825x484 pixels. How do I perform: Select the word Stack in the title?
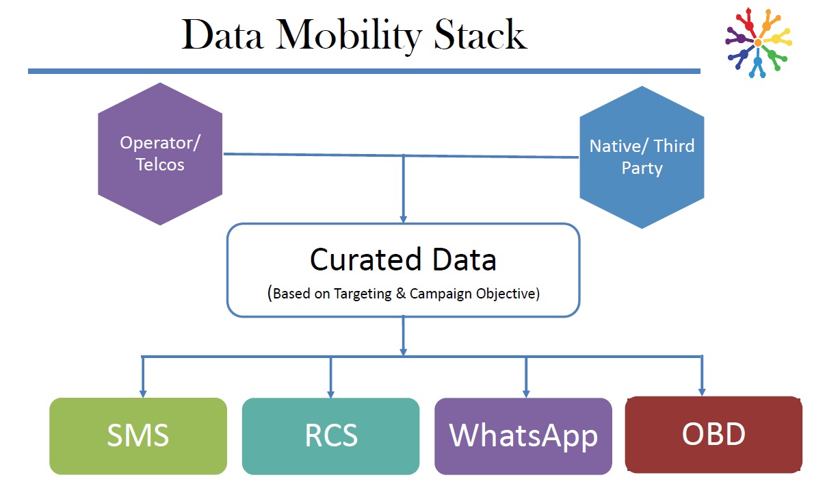(x=479, y=36)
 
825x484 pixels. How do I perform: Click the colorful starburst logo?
(x=758, y=42)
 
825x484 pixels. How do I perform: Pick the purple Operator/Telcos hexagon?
(x=160, y=154)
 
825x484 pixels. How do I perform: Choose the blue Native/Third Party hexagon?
(x=642, y=157)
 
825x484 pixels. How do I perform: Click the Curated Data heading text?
(x=403, y=259)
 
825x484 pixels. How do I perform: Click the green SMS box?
(x=138, y=435)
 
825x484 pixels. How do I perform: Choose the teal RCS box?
(x=330, y=435)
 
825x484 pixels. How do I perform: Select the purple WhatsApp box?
(x=523, y=435)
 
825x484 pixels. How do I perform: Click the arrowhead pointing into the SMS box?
(x=142, y=393)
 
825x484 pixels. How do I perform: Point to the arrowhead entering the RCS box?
(x=330, y=393)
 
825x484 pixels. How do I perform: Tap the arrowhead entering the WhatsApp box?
(x=525, y=393)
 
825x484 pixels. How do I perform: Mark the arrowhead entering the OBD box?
(x=701, y=392)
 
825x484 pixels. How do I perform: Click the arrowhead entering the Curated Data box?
(x=404, y=218)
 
